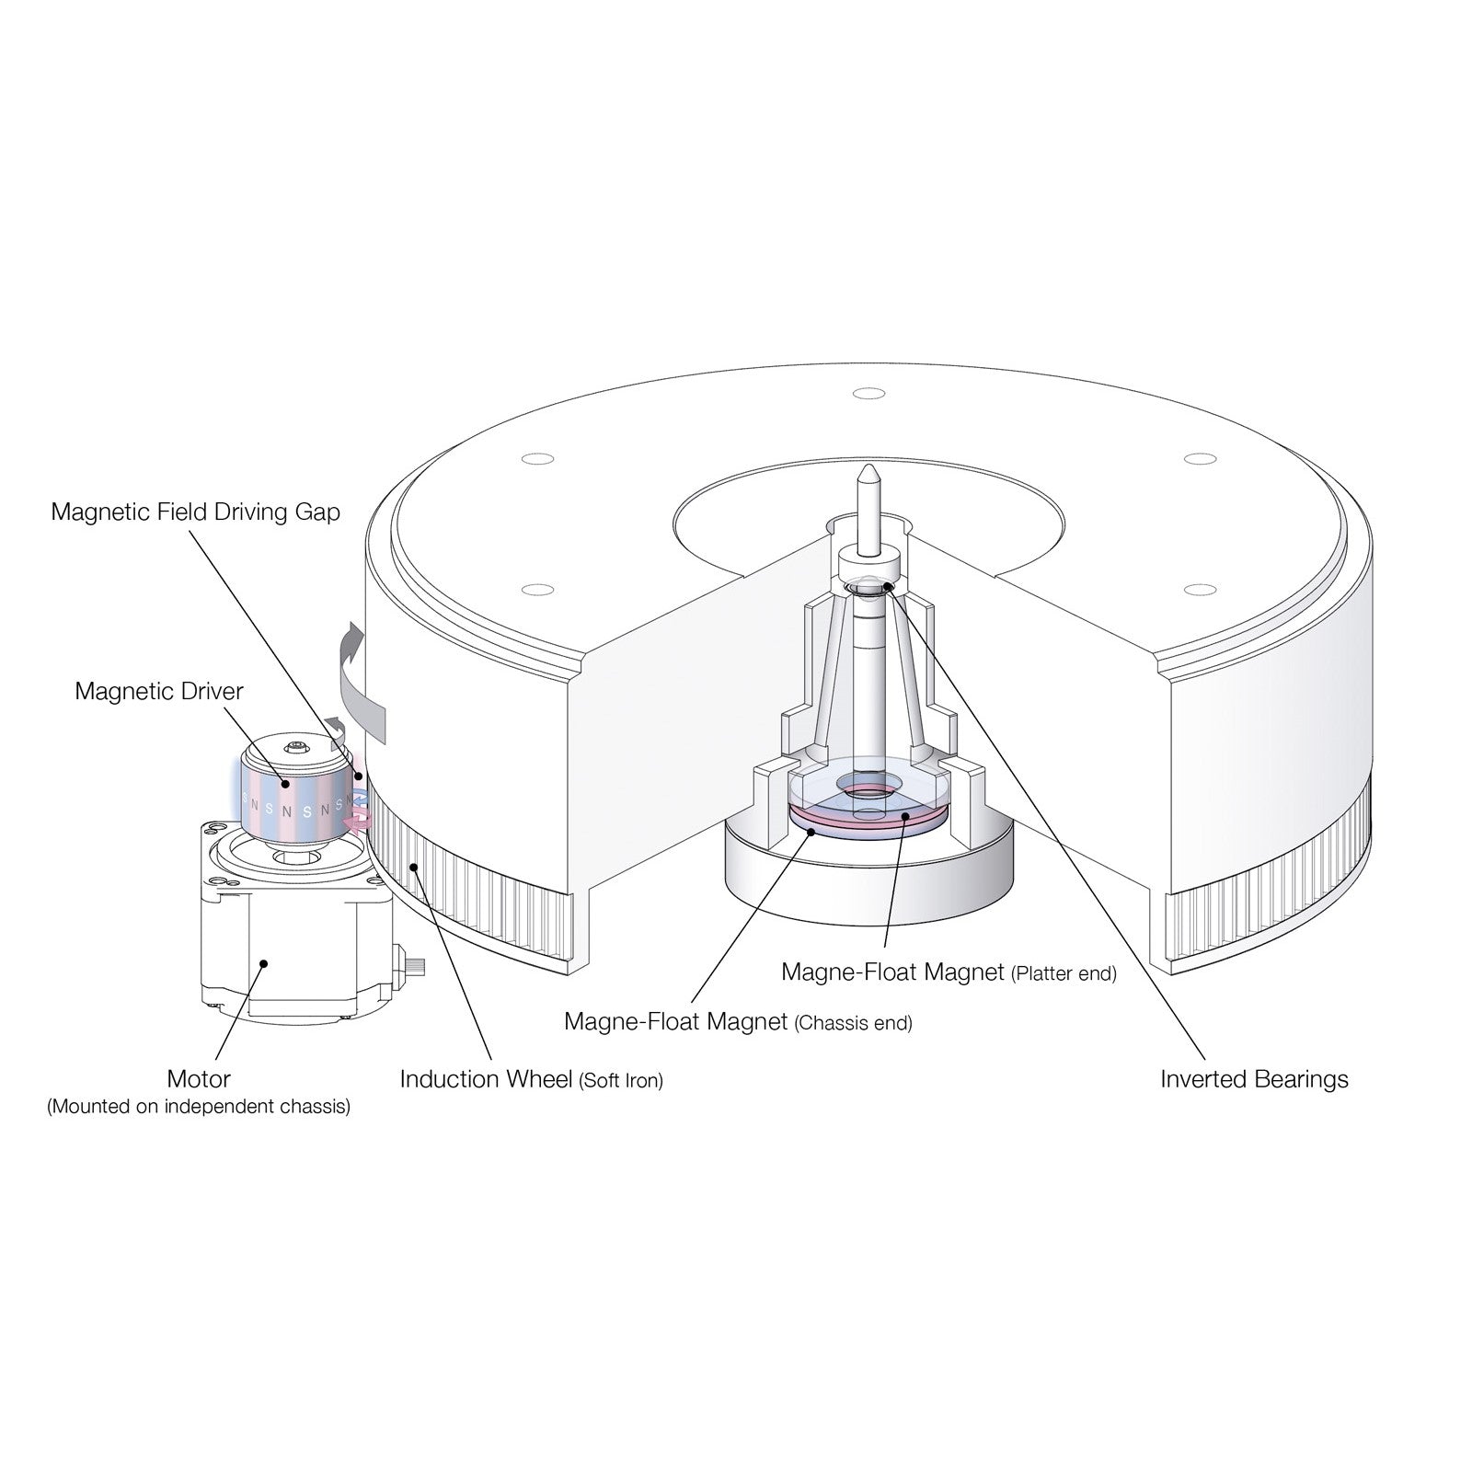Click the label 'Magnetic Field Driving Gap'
pos(195,512)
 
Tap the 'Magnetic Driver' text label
pos(159,691)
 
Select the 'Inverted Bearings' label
pos(1254,1079)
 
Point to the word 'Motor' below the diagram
pos(199,1078)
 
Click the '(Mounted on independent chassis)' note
pos(199,1107)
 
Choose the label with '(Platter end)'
pos(948,972)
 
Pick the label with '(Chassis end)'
pos(738,1022)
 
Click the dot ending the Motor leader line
pos(264,964)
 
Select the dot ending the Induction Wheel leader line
pos(416,866)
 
